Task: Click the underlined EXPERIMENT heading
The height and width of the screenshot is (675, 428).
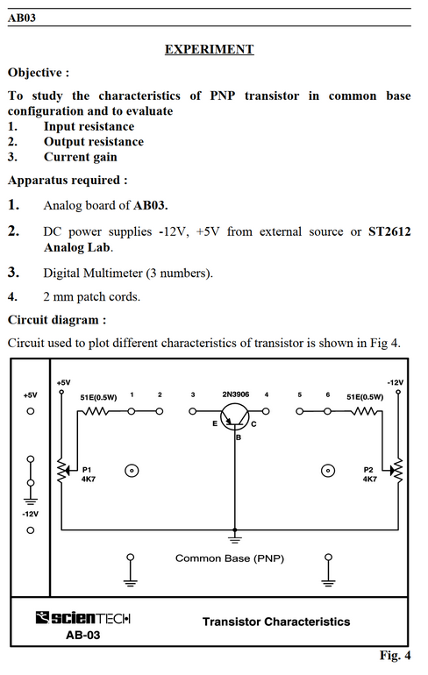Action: click(x=210, y=49)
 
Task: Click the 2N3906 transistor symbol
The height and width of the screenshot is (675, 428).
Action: click(x=235, y=416)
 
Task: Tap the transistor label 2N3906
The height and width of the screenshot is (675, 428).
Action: click(x=236, y=394)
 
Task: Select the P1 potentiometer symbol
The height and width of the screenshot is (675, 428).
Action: click(x=62, y=470)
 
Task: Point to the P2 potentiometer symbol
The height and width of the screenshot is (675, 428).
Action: click(x=397, y=471)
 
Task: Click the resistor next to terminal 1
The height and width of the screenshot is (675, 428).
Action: click(x=97, y=411)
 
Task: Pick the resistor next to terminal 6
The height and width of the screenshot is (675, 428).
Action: click(x=364, y=411)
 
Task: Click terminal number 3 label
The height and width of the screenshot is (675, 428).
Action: click(x=193, y=394)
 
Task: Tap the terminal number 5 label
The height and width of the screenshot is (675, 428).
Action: click(x=300, y=394)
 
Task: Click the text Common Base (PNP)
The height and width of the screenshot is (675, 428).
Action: click(x=230, y=558)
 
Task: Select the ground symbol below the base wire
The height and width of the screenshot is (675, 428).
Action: click(x=235, y=538)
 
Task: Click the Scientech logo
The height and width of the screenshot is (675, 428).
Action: click(x=83, y=618)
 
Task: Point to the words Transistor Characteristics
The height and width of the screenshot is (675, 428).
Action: click(x=276, y=622)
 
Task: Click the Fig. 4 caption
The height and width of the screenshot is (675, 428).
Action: click(x=395, y=655)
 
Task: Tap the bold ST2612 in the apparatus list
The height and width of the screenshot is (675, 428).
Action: click(x=389, y=231)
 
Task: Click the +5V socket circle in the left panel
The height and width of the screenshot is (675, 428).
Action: click(x=30, y=411)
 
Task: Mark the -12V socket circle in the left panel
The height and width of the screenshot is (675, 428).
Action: click(x=30, y=530)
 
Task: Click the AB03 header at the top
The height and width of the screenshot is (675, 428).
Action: click(x=22, y=18)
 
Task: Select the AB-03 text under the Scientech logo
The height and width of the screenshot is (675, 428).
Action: click(x=82, y=636)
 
